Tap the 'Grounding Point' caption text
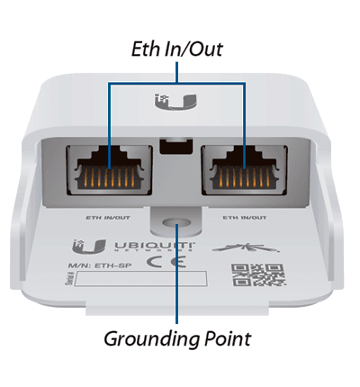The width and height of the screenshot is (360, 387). (176, 339)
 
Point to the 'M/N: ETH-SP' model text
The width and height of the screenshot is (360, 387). (94, 265)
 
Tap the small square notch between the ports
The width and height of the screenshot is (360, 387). (176, 145)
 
